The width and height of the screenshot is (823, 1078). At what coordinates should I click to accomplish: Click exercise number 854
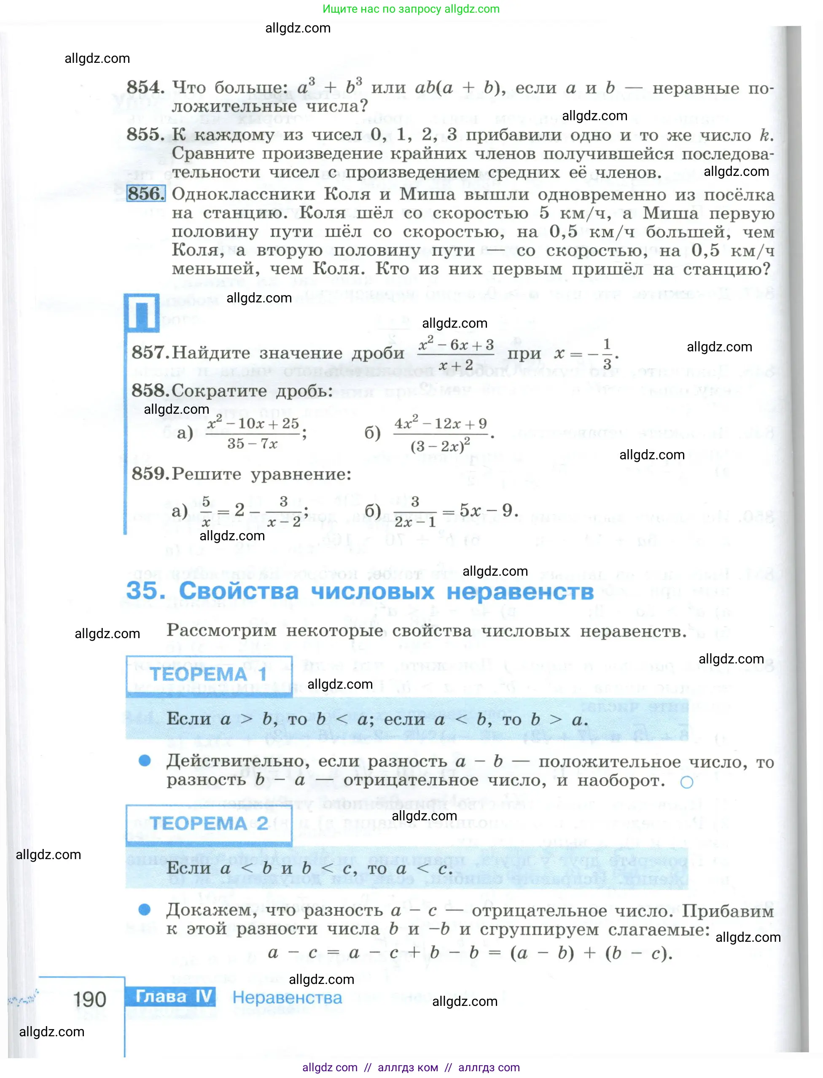tap(145, 88)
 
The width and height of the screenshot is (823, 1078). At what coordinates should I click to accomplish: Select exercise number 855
tap(145, 135)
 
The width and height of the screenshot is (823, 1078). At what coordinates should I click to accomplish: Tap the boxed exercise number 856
tap(145, 194)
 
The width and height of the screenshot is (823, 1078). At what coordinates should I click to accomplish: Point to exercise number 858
tap(151, 391)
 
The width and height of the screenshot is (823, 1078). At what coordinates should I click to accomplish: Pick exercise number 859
tap(151, 474)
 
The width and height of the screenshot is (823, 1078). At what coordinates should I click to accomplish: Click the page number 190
tap(90, 999)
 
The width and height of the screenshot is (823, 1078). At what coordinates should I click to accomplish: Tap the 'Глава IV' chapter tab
tap(174, 996)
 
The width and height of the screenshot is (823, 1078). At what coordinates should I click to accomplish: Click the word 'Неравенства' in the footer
tap(287, 997)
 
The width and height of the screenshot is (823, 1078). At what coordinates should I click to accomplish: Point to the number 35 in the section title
tap(145, 590)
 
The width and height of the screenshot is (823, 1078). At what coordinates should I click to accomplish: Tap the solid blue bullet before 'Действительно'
tap(145, 760)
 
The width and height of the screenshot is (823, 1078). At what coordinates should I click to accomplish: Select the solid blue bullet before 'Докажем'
tap(145, 909)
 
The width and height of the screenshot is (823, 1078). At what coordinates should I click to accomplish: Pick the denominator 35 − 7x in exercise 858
tap(252, 444)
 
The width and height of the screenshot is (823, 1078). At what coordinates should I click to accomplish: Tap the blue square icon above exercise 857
tap(142, 313)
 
